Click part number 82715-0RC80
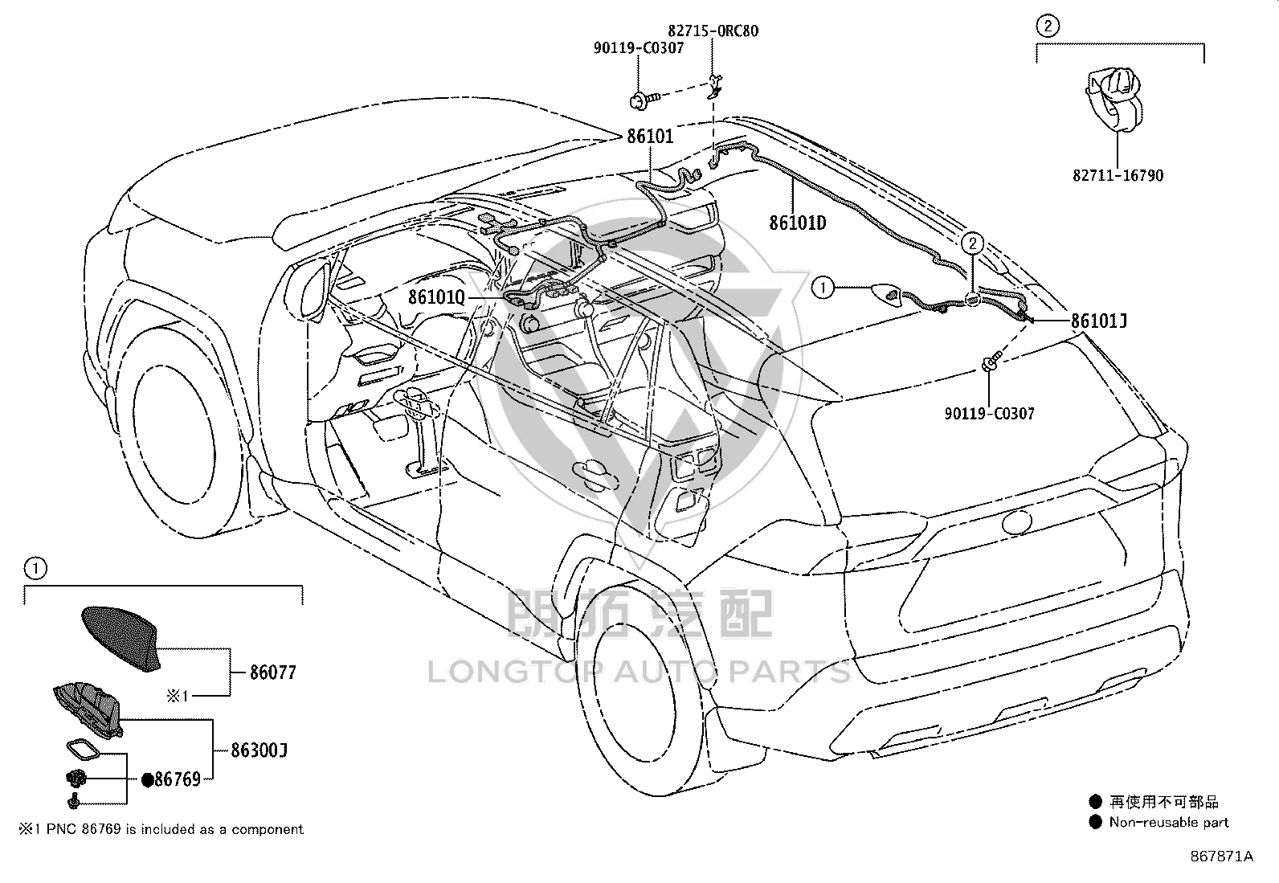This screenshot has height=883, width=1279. (x=713, y=31)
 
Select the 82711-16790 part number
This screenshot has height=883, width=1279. (x=1118, y=175)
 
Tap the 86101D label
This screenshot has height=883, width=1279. (x=798, y=223)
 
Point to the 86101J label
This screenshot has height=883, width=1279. (x=1099, y=321)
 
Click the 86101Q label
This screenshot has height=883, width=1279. (x=437, y=297)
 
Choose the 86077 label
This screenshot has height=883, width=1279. (x=273, y=672)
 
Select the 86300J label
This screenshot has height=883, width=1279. (x=259, y=750)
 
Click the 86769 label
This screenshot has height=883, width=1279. (x=178, y=779)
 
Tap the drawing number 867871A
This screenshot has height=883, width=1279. (x=1222, y=856)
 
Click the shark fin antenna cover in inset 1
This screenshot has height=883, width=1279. (x=122, y=636)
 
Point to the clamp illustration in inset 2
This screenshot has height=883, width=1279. (x=1114, y=100)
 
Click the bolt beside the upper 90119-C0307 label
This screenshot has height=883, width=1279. (x=644, y=100)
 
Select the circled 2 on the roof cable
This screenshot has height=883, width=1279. (x=972, y=243)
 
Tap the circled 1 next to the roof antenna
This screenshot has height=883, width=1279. (x=823, y=288)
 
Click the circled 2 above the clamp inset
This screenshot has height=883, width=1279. (x=1047, y=26)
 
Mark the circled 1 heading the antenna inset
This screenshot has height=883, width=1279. (x=35, y=568)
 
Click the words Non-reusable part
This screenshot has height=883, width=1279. (x=1169, y=823)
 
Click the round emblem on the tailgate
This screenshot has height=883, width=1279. (x=1016, y=521)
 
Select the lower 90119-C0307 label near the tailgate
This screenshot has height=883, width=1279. (x=990, y=413)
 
